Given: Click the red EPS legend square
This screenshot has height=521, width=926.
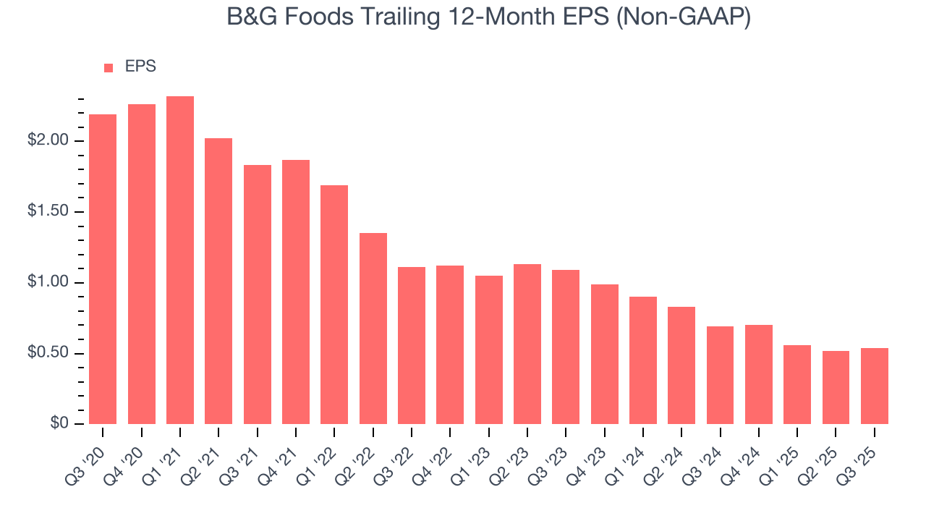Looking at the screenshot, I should point(109,68).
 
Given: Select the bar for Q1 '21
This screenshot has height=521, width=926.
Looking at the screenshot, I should point(180,260).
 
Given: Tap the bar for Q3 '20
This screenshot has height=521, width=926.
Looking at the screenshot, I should point(103,269).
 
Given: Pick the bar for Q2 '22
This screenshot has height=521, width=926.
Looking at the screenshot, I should point(373,329).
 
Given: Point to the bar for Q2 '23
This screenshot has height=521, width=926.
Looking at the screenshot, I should point(527,344).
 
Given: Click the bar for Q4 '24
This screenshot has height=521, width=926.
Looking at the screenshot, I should point(759,375).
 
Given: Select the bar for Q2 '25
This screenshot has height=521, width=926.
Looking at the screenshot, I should point(836,388).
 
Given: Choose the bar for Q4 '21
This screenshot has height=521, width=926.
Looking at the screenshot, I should point(296,292).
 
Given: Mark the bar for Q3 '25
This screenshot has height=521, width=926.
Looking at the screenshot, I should point(875,386).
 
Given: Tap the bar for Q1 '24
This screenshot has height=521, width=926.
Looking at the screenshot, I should point(643,360).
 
